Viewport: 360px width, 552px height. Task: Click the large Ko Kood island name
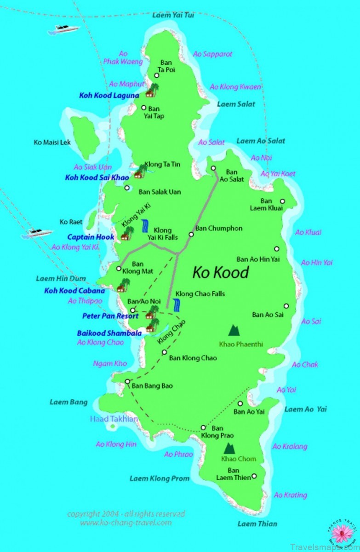pos(220,272)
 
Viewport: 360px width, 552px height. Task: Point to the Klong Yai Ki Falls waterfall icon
pos(145,225)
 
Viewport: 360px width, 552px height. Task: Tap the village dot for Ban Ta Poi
pos(157,75)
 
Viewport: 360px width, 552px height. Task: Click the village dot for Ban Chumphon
pos(191,234)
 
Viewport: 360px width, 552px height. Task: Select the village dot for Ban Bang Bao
pos(127,381)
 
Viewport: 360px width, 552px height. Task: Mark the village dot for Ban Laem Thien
pos(254,476)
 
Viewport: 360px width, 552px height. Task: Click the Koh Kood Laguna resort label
pos(109,96)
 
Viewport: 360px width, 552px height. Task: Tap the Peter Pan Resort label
pos(110,316)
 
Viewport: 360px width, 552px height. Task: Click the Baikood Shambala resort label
pos(109,333)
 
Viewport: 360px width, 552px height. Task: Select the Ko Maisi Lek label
pos(52,143)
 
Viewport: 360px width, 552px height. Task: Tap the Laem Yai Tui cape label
pos(173,15)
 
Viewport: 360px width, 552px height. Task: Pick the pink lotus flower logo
pos(341,534)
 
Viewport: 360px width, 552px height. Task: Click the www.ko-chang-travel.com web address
pos(126,523)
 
